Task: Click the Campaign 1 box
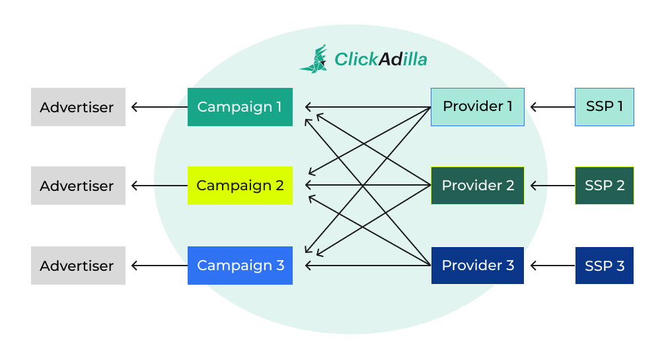pos(240,107)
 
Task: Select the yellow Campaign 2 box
pos(240,186)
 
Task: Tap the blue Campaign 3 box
pos(240,266)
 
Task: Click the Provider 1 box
pos(477,107)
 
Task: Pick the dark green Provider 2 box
pos(477,186)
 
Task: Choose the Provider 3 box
pos(477,266)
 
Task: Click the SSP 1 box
pos(604,107)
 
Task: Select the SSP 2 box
pos(604,186)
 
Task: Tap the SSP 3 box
pos(604,266)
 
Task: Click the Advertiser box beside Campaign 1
pos(78,107)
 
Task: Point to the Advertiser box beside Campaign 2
pos(78,186)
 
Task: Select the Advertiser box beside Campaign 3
pos(78,266)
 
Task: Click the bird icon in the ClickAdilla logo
pos(314,59)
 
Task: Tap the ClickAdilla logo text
pos(381,59)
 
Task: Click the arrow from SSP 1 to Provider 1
pos(552,107)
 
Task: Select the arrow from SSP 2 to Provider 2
pos(552,186)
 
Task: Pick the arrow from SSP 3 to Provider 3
pos(552,266)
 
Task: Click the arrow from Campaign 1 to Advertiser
pos(159,107)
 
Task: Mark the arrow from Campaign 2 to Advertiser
pos(159,186)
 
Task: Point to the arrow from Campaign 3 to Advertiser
pos(159,266)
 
